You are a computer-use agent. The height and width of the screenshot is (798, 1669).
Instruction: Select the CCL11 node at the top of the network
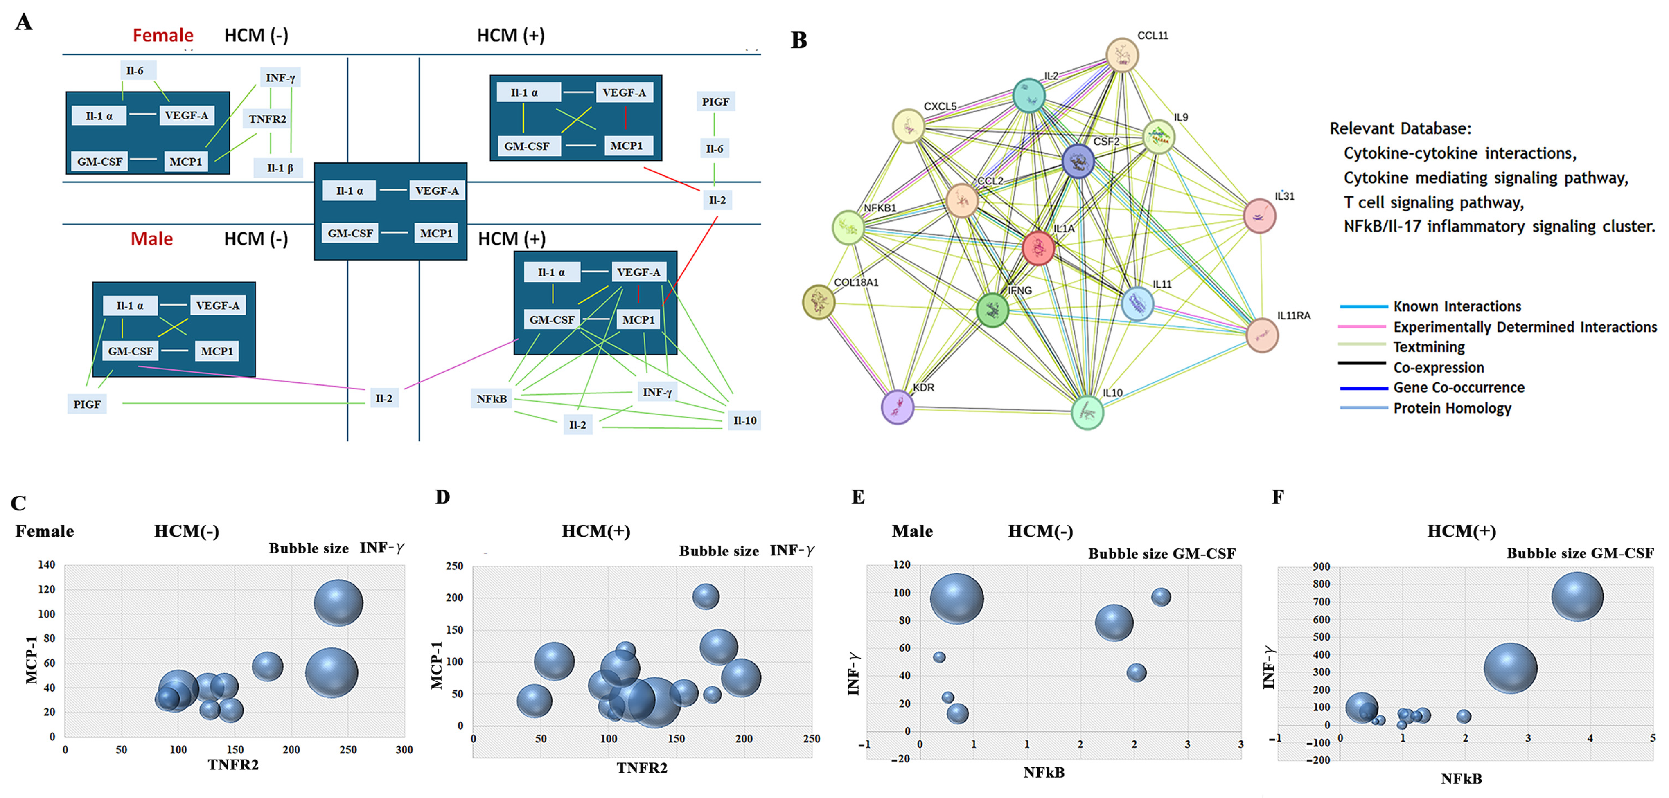(1121, 55)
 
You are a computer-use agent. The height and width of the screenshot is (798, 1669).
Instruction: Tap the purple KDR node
(898, 407)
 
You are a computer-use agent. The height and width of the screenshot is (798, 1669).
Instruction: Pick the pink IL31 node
(1259, 216)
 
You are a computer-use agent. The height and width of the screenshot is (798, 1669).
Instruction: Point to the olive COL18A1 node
(818, 302)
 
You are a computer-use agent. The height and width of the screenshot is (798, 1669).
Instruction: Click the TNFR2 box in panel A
(268, 119)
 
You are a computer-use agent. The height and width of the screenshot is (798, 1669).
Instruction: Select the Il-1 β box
(280, 168)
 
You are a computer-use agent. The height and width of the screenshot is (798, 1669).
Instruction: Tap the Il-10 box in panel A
(744, 420)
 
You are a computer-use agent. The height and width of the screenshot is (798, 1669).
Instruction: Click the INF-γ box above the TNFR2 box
(280, 78)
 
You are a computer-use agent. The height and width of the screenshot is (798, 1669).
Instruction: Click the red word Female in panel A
(162, 35)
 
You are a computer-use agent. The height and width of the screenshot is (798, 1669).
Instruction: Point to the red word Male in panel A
(151, 239)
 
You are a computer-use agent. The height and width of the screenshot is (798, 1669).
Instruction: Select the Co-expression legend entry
(1438, 367)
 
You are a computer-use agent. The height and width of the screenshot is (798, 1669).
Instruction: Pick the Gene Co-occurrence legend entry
(1459, 387)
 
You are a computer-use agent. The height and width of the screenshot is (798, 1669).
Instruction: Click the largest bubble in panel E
(956, 598)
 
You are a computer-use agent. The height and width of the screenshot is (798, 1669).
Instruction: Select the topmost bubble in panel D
(706, 596)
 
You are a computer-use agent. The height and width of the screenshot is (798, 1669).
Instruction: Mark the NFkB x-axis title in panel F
(1461, 778)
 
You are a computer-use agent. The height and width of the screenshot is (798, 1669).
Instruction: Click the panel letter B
(799, 40)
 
